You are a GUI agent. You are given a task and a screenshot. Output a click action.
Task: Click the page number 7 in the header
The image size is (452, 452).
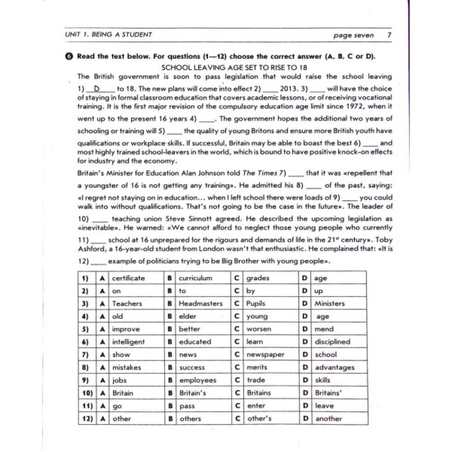click(x=389, y=35)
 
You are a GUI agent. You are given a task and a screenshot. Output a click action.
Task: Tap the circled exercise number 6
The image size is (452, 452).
click(x=68, y=56)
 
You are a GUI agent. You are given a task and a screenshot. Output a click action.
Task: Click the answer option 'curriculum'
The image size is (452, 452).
click(x=195, y=278)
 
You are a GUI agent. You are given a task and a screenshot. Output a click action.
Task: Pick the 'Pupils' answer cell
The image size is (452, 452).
click(x=256, y=303)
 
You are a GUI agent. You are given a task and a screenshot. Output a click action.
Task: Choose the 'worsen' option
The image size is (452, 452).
click(x=259, y=329)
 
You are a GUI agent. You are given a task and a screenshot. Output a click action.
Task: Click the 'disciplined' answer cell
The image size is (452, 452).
click(x=333, y=342)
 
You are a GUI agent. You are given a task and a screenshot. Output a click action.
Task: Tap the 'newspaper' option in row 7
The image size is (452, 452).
click(x=265, y=355)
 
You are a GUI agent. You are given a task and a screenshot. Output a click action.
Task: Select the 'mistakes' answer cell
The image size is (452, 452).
click(x=127, y=367)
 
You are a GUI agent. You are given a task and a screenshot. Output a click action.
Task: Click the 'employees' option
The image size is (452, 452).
click(x=198, y=380)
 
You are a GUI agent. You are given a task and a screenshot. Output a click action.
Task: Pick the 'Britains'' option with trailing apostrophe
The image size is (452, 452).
click(x=329, y=393)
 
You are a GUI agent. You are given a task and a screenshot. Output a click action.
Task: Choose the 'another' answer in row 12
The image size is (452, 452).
click(x=329, y=419)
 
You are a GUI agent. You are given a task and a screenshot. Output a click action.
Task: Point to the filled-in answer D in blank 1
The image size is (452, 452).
click(x=96, y=89)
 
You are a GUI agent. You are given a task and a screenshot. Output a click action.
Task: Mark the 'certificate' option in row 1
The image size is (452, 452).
click(x=129, y=278)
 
